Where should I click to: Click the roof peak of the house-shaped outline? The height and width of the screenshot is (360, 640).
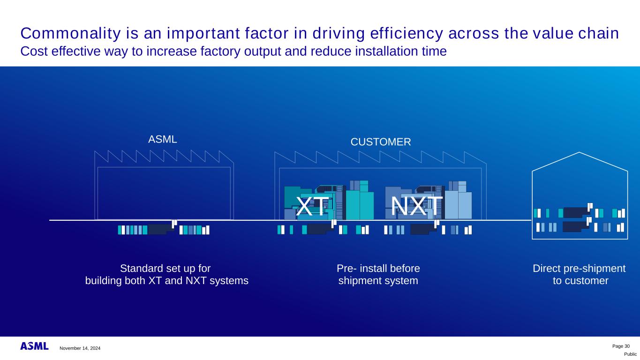580,152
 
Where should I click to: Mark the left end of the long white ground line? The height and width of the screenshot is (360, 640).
49,220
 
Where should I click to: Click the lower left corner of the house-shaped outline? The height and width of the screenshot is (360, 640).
532,239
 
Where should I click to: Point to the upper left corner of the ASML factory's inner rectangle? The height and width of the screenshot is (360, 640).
98,167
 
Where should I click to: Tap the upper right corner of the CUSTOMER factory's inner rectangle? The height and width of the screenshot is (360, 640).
482,168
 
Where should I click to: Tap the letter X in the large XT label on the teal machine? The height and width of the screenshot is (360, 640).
304,206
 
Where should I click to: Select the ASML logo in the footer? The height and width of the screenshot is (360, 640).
34,346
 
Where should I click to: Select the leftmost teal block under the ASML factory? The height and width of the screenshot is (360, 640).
120,230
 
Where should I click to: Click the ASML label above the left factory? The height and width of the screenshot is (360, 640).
163,139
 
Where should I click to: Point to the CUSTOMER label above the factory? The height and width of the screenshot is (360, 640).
381,142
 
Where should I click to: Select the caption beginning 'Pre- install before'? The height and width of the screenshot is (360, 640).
378,275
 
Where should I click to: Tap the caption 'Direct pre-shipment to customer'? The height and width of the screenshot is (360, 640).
580,275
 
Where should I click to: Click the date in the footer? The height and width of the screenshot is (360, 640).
80,348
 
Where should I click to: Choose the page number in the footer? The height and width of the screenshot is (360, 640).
621,346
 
